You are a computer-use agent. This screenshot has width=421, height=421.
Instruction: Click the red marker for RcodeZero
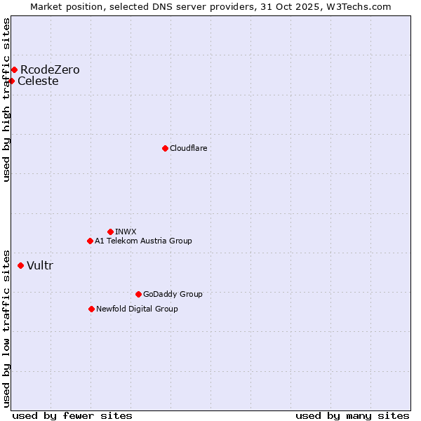click(14, 69)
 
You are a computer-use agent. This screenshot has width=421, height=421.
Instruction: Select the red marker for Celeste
click(11, 81)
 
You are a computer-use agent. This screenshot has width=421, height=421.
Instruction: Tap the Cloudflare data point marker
click(165, 148)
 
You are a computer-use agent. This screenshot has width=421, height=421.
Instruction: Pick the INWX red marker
click(110, 232)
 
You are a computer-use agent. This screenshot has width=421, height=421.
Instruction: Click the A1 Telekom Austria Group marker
click(90, 241)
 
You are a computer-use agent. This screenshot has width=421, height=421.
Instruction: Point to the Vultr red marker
click(20, 265)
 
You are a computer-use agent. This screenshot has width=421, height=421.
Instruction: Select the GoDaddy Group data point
click(138, 294)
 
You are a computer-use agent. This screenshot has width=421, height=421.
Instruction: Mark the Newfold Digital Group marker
click(91, 309)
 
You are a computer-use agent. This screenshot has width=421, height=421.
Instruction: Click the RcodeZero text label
click(50, 69)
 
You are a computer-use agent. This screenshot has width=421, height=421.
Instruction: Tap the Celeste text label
click(38, 81)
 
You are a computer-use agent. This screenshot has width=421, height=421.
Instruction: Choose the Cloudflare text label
click(188, 148)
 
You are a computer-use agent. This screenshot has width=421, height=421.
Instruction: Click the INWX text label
click(126, 232)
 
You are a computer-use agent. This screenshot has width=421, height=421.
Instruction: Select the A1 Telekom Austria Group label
click(143, 241)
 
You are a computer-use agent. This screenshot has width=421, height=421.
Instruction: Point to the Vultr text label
click(40, 265)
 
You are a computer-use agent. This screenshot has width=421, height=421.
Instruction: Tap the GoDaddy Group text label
click(173, 294)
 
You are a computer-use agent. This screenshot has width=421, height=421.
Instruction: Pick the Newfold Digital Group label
click(137, 309)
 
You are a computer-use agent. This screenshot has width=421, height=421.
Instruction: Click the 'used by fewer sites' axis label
click(72, 415)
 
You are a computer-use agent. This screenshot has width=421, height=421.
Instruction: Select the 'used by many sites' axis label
click(352, 415)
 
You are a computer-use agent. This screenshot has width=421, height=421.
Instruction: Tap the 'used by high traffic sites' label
click(7, 100)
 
